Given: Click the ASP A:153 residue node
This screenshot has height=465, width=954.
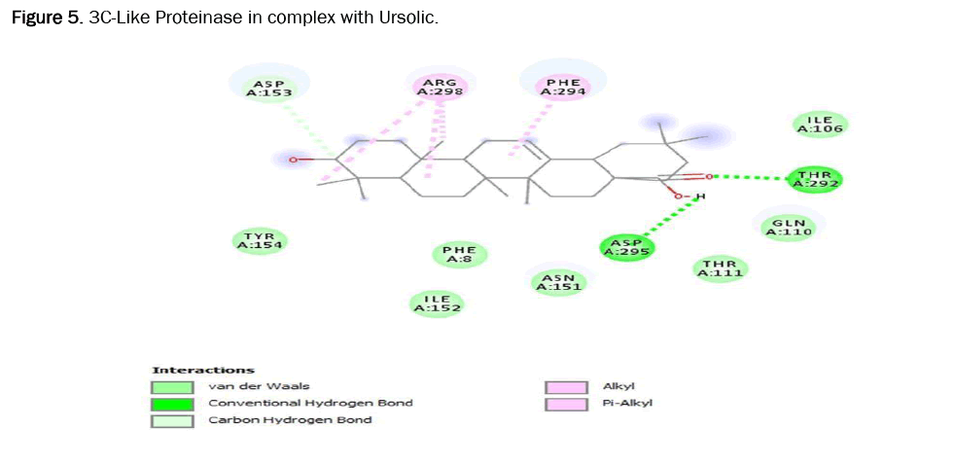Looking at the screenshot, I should pos(264,89).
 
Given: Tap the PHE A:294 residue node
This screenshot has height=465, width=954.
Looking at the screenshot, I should pos(562,88).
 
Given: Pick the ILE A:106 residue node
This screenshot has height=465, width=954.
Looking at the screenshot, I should pos(820,124).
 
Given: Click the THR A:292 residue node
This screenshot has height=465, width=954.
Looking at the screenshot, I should pos(815,179).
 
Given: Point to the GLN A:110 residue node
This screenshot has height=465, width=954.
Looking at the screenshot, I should pos(789,228).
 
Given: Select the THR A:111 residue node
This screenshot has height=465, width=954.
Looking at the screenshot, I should pos(721,268).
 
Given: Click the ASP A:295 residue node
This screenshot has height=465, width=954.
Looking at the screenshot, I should pos(626,247).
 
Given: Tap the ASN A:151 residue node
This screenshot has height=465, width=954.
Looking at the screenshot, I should pos(559,282).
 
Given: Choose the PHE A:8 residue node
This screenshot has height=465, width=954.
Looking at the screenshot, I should pos(459,255).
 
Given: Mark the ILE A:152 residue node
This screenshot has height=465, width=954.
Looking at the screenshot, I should pos(436,304).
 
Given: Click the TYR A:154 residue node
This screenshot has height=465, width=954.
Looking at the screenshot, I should pos(260,241).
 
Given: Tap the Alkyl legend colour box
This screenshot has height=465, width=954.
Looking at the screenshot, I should pos(567,386).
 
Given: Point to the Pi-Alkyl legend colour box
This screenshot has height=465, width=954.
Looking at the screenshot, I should pos(567,403).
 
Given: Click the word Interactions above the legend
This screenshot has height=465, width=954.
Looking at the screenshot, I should pos(203,370).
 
